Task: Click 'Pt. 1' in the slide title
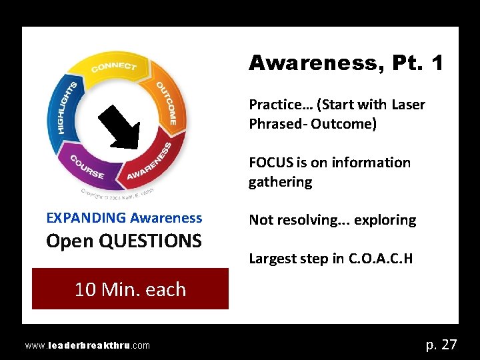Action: coord(417,63)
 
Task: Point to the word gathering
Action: coord(280,182)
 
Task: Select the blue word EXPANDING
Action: coord(86,218)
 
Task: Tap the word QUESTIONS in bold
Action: coord(150,241)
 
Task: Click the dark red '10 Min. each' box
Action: coord(130,289)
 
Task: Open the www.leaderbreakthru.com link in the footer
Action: coord(87,345)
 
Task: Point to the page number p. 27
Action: coord(441,344)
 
